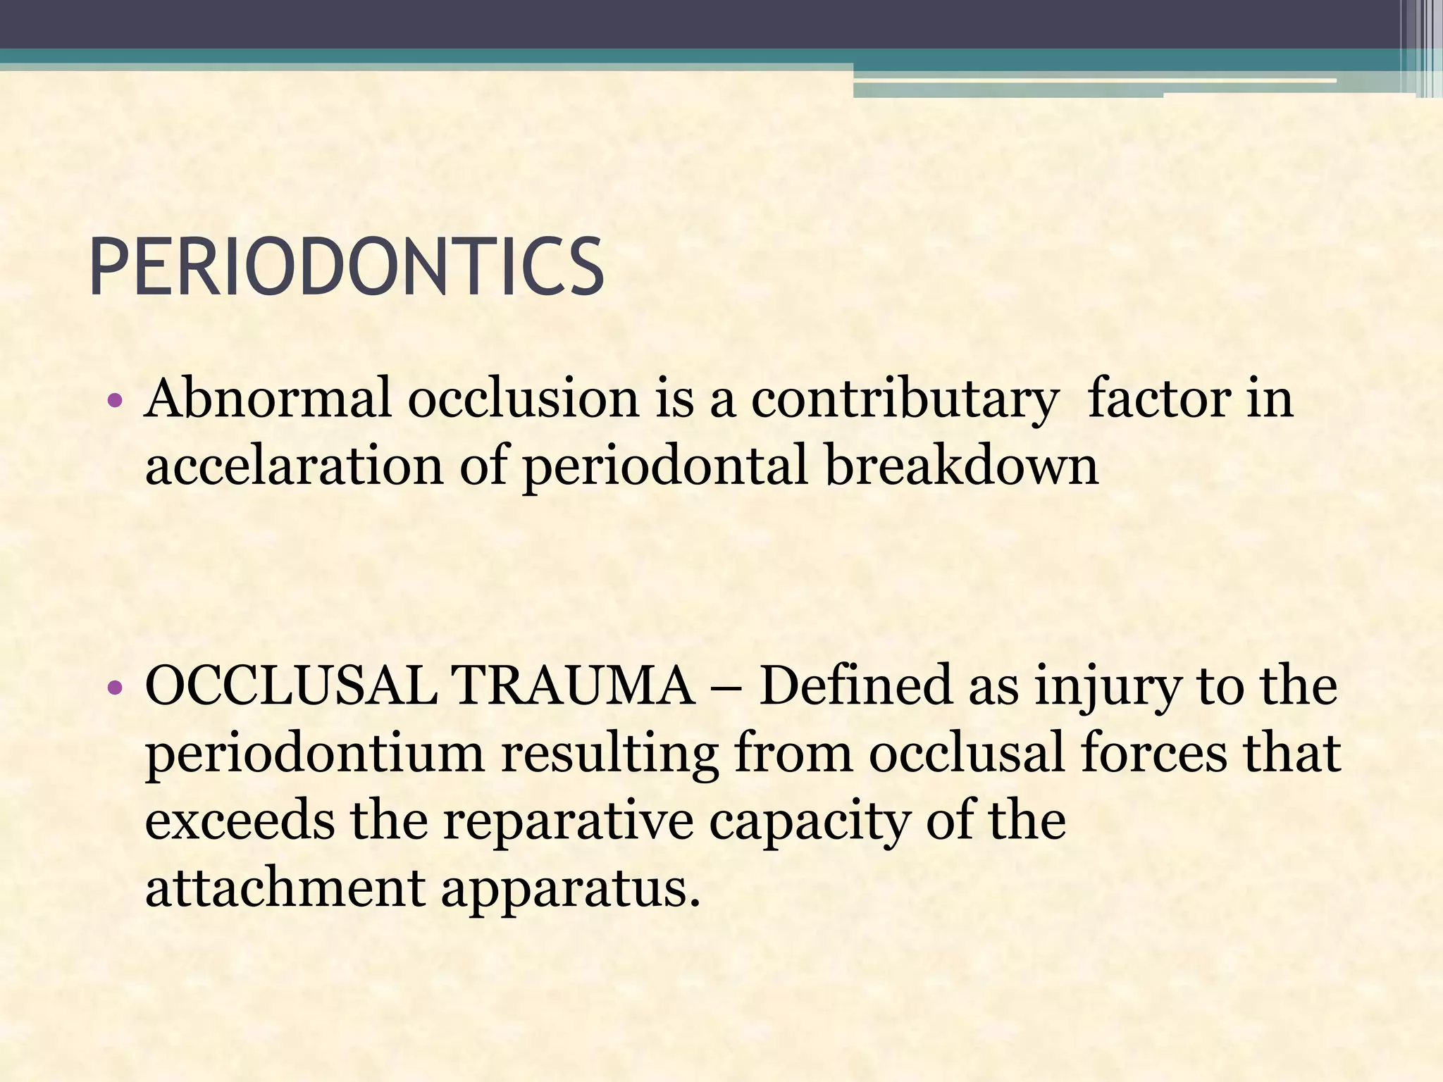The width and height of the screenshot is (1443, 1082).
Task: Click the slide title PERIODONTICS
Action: point(346,268)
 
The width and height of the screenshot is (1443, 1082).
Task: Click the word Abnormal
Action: point(267,399)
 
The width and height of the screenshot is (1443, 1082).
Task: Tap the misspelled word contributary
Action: point(905,399)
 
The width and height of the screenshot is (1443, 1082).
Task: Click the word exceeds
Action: point(240,821)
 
